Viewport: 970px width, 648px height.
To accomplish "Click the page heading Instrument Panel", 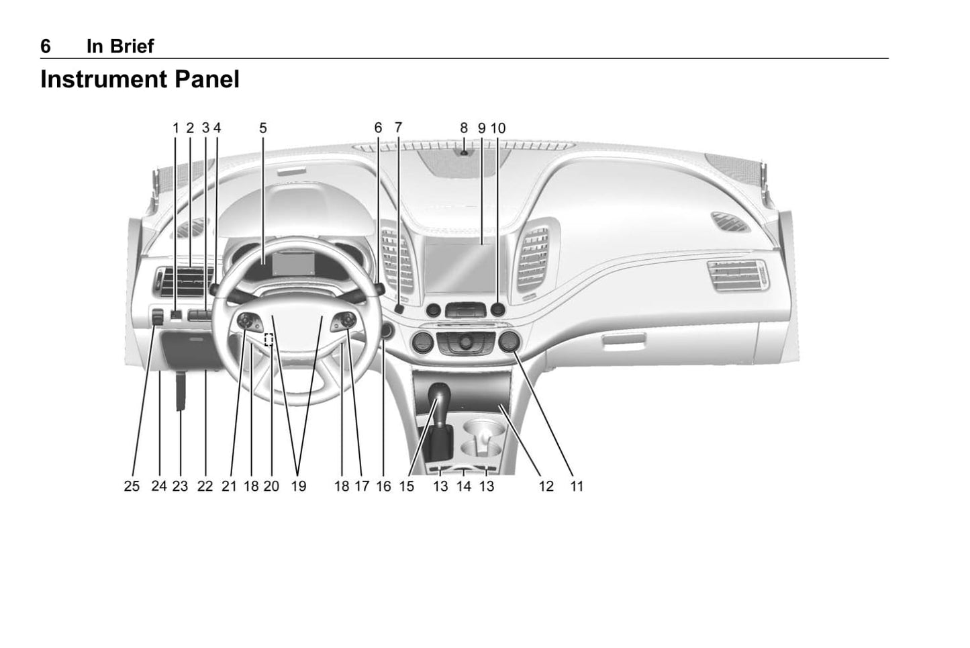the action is pyautogui.click(x=140, y=80).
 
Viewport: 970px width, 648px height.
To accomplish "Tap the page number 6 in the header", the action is pyautogui.click(x=46, y=46).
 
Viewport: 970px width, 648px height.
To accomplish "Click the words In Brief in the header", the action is pyautogui.click(x=120, y=46).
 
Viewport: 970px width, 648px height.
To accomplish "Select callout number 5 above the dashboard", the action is pyautogui.click(x=263, y=128).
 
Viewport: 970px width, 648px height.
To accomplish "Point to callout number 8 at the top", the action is pyautogui.click(x=464, y=128).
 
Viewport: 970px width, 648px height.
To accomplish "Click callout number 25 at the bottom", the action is pyautogui.click(x=132, y=486).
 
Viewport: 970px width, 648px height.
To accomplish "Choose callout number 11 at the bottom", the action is pyautogui.click(x=577, y=486).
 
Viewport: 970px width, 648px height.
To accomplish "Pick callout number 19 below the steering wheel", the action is pyautogui.click(x=298, y=486).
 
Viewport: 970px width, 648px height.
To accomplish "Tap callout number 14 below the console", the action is pyautogui.click(x=463, y=486).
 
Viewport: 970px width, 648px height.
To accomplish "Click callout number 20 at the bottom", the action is pyautogui.click(x=271, y=486).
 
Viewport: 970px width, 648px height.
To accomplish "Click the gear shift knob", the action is pyautogui.click(x=439, y=394).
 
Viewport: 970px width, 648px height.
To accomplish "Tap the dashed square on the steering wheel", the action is pyautogui.click(x=269, y=339).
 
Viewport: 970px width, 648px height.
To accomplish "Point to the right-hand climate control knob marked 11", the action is pyautogui.click(x=510, y=342).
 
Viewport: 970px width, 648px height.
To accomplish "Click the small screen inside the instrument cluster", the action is pyautogui.click(x=293, y=263).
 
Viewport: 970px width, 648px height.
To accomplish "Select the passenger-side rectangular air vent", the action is pyautogui.click(x=736, y=275).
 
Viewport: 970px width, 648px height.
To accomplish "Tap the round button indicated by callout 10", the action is pyautogui.click(x=497, y=310).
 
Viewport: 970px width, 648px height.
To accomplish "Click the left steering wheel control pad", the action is pyautogui.click(x=250, y=322).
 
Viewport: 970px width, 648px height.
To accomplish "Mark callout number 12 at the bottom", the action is pyautogui.click(x=546, y=486).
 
